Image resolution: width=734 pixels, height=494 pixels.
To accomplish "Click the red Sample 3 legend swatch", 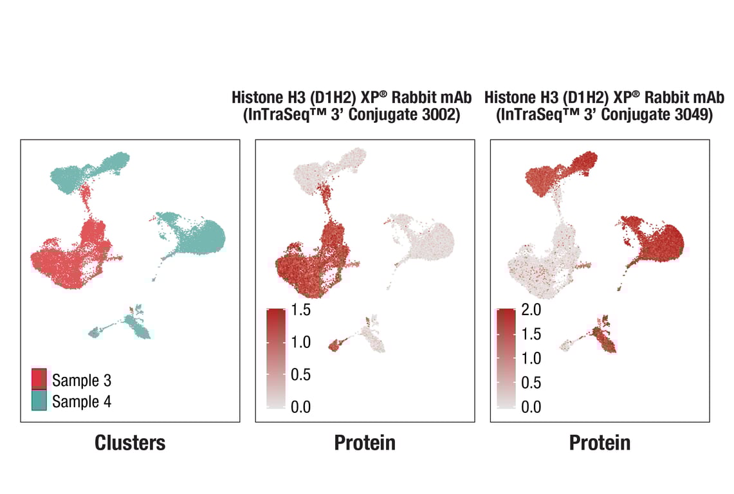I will click(39, 379).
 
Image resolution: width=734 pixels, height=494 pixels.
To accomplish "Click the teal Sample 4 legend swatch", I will click(39, 400).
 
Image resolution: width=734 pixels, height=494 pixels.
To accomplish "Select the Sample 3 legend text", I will click(82, 380).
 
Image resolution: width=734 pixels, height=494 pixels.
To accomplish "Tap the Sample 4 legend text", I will click(82, 401).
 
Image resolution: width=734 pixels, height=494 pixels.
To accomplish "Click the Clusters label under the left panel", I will click(130, 443).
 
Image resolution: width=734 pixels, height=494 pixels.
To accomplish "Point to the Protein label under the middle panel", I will click(365, 443).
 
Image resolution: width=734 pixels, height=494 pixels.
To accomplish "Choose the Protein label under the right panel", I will click(600, 443).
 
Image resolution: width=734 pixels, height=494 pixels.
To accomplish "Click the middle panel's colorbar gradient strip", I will click(276, 358).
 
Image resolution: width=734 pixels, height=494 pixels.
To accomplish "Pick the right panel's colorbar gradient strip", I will click(506, 358).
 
